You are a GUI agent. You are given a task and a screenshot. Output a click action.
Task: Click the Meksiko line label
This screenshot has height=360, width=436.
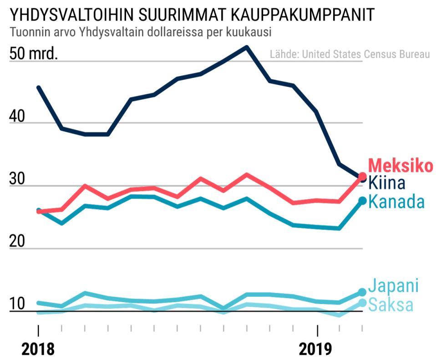tap(400, 166)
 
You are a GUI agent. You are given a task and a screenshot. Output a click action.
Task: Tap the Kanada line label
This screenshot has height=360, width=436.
tap(396, 201)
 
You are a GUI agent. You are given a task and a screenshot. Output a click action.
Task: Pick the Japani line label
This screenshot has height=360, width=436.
tap(393, 286)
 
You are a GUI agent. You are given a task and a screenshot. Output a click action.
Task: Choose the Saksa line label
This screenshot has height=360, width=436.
tap(390, 304)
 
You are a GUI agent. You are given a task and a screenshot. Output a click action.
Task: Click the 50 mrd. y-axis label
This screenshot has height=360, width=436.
tap(33, 54)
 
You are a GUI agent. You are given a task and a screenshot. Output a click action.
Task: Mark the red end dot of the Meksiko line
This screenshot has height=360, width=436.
tap(363, 176)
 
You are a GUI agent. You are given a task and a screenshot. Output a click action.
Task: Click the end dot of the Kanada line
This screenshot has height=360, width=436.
tap(363, 201)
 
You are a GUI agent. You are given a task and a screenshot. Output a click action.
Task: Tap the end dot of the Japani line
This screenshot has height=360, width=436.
tap(362, 292)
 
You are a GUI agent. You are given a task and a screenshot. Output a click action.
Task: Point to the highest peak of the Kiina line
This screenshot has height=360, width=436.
tap(247, 47)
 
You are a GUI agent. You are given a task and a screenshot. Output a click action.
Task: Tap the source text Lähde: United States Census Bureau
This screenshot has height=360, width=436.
tap(350, 54)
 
